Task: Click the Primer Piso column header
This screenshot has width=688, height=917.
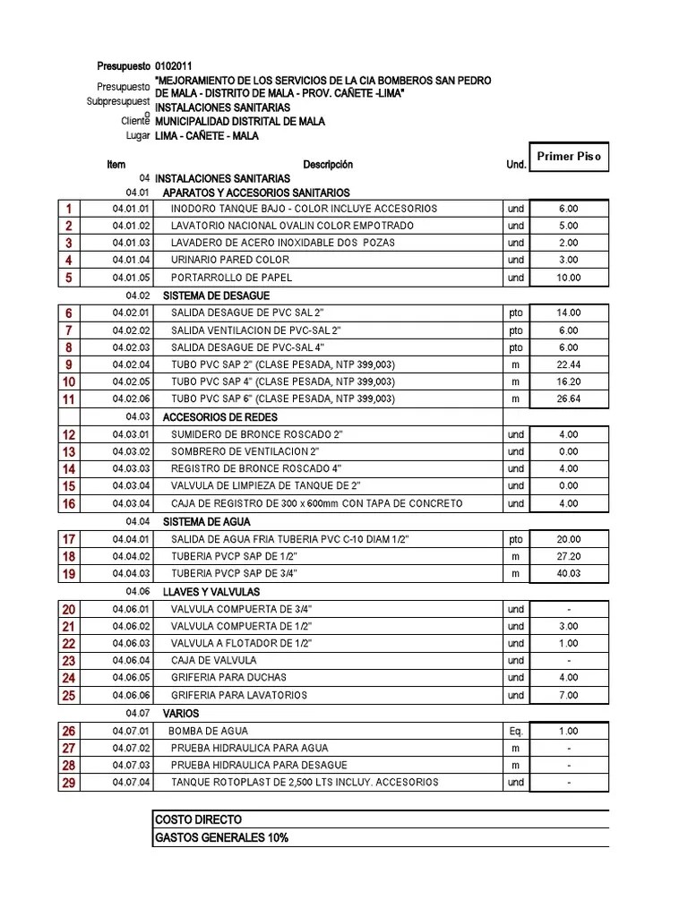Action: coord(569,157)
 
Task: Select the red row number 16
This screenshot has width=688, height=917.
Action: coord(69,504)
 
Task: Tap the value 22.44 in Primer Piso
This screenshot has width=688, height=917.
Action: coord(569,364)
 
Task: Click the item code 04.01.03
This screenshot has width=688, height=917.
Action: coord(132,243)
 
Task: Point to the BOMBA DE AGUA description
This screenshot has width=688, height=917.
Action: coord(210,731)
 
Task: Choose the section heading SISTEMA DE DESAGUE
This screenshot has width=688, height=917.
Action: coord(215,296)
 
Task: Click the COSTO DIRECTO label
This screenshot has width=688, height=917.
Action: coord(198,819)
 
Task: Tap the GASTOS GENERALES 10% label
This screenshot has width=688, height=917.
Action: coord(221,837)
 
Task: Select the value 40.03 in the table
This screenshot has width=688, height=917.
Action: coord(569,573)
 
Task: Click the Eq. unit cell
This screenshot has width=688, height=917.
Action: coord(515,731)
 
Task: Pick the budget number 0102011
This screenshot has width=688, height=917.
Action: coord(173,67)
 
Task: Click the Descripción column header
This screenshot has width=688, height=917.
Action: coord(328,165)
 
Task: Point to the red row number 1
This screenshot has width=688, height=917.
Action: coord(69,209)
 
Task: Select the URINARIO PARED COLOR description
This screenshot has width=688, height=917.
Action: coord(230,261)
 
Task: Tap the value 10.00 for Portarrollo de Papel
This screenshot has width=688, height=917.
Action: coord(569,278)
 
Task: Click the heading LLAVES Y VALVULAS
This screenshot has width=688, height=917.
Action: coord(211,592)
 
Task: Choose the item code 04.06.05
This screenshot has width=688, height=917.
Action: coord(132,678)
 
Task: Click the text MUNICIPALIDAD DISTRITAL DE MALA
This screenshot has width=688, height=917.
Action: coord(239,121)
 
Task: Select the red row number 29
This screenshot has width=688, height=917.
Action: coord(69,783)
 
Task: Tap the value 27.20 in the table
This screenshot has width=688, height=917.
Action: coord(569,556)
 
